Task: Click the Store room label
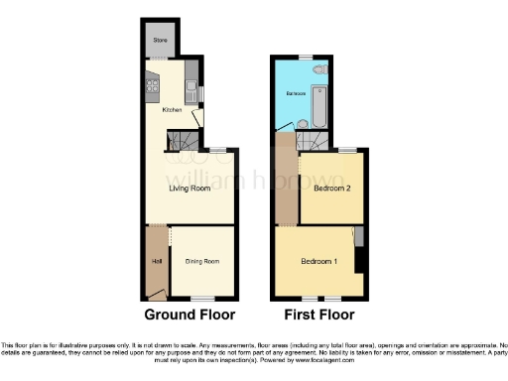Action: pyautogui.click(x=159, y=41)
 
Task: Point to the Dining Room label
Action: pyautogui.click(x=201, y=261)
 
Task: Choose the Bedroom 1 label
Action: pyautogui.click(x=319, y=261)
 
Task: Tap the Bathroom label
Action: pyautogui.click(x=295, y=93)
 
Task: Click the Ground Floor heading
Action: pyautogui.click(x=190, y=316)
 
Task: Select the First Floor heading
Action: pyautogui.click(x=319, y=316)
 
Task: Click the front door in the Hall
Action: pyautogui.click(x=156, y=293)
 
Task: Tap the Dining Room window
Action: pyautogui.click(x=202, y=299)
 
